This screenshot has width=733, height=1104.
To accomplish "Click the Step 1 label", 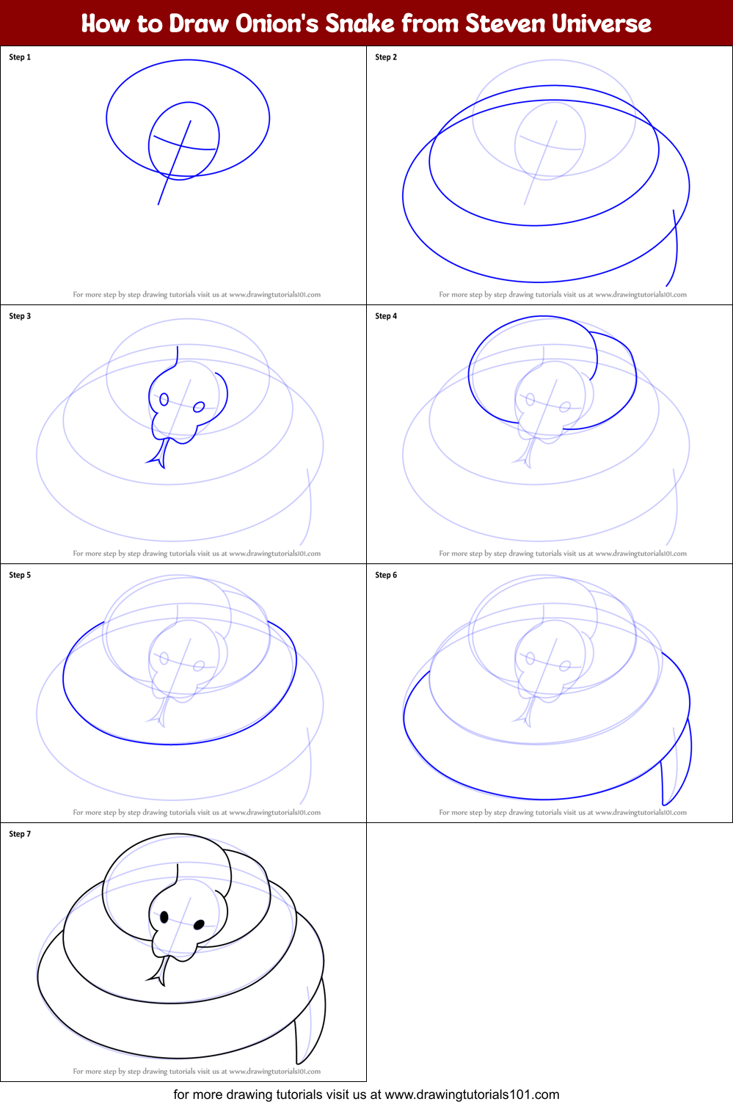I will coord(20,57).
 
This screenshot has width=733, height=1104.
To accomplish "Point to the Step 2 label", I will coord(386,57).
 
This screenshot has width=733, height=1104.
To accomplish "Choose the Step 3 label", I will coord(20,316).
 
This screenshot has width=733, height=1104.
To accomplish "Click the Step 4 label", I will coord(386,316).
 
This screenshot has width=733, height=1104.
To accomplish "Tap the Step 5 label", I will coord(20,575).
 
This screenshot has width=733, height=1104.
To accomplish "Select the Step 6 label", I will coord(386,575).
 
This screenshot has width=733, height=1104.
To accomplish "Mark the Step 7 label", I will coord(20,834).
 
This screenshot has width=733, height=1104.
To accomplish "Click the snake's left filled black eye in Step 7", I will coord(164,917).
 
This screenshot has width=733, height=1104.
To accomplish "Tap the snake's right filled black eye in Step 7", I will coord(199,925).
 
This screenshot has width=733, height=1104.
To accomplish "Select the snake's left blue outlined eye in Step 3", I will coord(164,399).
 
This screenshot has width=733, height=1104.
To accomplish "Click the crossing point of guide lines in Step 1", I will coord(181,146).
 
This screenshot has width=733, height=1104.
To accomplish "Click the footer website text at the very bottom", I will coord(366,1094).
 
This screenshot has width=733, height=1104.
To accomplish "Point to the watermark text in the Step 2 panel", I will coord(563,295).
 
